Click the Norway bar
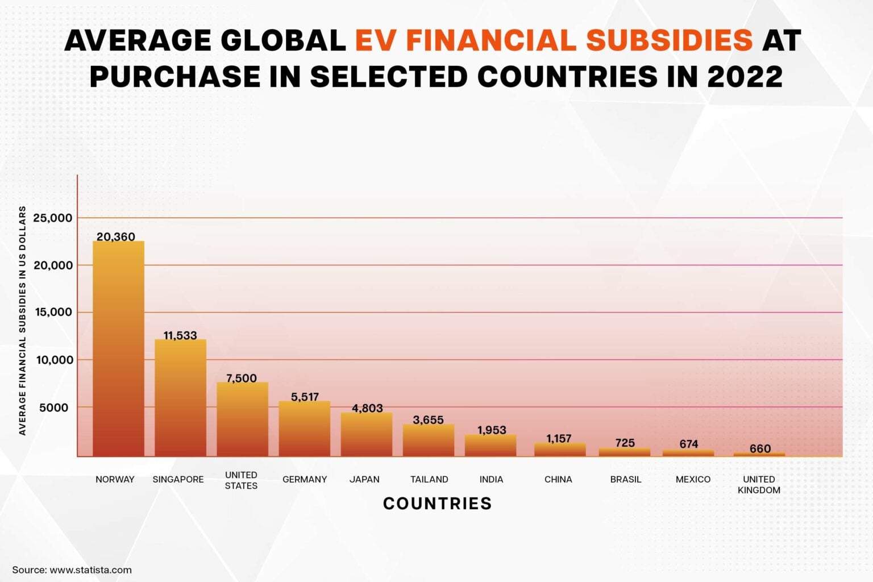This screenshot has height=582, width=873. pyautogui.click(x=118, y=348)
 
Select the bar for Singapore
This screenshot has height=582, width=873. pyautogui.click(x=180, y=398)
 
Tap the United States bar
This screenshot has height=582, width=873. pyautogui.click(x=242, y=419)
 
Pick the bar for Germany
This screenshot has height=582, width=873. pyautogui.click(x=304, y=429)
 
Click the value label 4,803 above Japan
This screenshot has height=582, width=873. pyautogui.click(x=367, y=408)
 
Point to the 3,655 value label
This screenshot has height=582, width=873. pyautogui.click(x=428, y=420)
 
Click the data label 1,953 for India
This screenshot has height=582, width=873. pyautogui.click(x=492, y=430)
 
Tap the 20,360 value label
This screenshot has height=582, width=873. pyautogui.click(x=116, y=236)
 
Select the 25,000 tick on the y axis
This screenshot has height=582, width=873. pyautogui.click(x=53, y=218)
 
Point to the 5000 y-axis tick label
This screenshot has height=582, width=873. pyautogui.click(x=53, y=408)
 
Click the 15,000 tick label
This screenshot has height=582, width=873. pyautogui.click(x=53, y=312)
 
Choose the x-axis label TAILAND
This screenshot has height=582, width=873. pyautogui.click(x=429, y=479)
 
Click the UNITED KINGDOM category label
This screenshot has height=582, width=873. pyautogui.click(x=759, y=484)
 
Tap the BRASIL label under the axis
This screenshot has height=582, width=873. pyautogui.click(x=625, y=479)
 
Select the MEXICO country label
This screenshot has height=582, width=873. pyautogui.click(x=693, y=479)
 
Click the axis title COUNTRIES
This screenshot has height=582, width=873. pyautogui.click(x=437, y=503)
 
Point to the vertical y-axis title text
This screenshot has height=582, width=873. pyautogui.click(x=23, y=321)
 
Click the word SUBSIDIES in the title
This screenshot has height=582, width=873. pyautogui.click(x=668, y=40)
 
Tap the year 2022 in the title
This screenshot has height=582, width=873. pyautogui.click(x=745, y=77)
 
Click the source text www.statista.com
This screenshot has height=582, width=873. pyautogui.click(x=90, y=569)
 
